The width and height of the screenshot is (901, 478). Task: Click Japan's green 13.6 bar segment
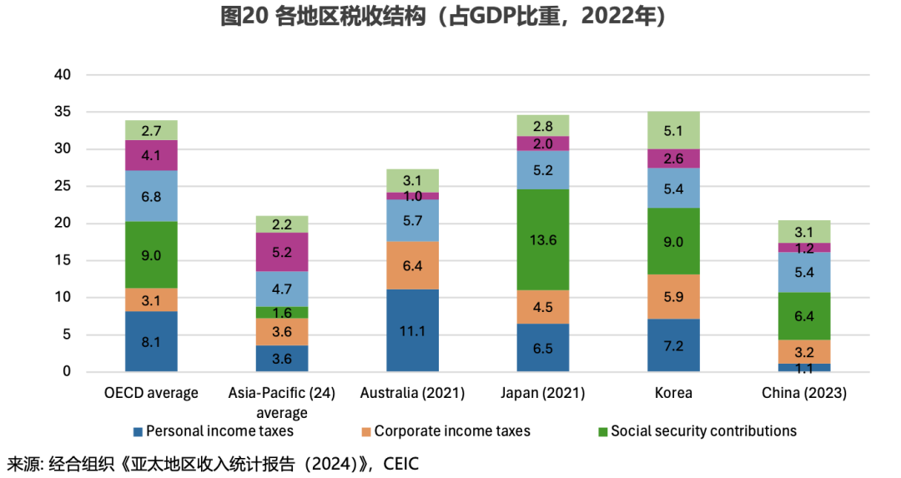point(543,239)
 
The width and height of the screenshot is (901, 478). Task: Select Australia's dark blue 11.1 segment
point(412,330)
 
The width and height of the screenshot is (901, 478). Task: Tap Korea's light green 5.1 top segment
point(673,130)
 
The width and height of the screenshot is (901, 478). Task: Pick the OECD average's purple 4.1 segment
point(151,155)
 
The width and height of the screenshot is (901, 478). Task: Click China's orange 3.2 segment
point(804,351)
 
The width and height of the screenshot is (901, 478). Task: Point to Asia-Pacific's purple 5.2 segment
point(282,252)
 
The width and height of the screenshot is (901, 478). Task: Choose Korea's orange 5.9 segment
point(673,296)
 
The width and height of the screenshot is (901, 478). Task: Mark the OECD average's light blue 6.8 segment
point(151,196)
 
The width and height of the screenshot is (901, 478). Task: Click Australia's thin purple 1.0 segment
point(412,196)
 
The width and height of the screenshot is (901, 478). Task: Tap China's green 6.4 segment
point(804,316)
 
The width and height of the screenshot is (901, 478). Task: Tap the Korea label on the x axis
point(673,393)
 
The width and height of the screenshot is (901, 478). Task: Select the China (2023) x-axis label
point(804,393)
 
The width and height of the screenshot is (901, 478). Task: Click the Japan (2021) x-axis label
point(543,393)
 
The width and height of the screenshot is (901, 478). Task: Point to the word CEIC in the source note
point(400,464)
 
